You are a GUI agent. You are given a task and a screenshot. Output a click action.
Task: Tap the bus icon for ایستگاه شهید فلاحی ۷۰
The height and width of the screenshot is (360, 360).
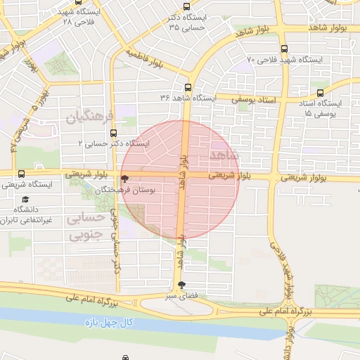tap(283, 49)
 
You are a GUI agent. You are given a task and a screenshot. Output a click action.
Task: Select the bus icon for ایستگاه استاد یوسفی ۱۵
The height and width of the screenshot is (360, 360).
tap(321, 92)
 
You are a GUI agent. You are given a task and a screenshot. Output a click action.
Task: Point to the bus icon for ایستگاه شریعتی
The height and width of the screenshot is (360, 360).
tap(21, 174)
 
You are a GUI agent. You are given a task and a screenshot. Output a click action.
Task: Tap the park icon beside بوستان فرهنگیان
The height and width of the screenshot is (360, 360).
tap(124, 179)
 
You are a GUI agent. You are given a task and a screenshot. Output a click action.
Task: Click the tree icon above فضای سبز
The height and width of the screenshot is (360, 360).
tap(183, 284)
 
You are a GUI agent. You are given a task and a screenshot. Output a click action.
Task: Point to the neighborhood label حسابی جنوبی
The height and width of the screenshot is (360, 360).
tap(89, 226)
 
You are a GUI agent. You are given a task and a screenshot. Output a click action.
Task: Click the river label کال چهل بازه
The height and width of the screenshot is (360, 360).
tap(117, 323)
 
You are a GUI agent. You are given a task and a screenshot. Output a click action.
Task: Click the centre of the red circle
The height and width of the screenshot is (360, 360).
tap(181, 179)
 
